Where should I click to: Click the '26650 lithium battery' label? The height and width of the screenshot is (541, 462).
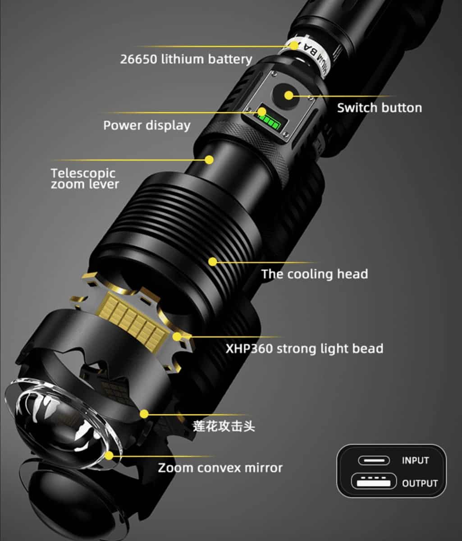186,59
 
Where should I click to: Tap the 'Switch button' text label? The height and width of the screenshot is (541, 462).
380,108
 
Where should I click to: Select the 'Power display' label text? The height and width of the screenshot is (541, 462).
147,126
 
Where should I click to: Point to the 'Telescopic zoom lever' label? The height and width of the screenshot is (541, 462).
85,179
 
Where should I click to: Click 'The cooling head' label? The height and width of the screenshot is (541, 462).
315,274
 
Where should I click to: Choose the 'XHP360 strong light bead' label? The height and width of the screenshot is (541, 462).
305,348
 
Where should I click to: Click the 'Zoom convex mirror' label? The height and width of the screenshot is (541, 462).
220,468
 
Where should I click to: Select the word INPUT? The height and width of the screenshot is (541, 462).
416,460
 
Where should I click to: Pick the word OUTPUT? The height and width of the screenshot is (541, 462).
420,483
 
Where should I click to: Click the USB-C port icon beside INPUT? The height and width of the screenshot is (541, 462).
374,460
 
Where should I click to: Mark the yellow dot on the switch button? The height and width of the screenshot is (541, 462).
289,96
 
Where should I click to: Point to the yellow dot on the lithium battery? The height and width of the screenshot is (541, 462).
295,46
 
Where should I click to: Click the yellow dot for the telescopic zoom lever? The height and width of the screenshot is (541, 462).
209,160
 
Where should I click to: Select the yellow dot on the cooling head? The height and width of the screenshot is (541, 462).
213,261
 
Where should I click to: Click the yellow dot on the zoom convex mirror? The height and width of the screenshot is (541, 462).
109,456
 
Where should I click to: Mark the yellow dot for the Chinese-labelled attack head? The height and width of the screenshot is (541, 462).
144,414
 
